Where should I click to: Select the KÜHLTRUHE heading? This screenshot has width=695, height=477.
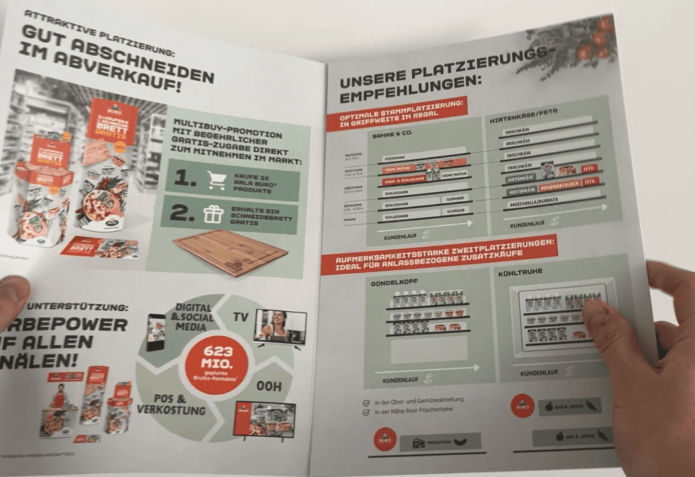534,270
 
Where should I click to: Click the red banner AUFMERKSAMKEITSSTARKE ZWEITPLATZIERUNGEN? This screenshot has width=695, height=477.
439,254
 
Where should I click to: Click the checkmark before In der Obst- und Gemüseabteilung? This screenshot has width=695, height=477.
367,402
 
